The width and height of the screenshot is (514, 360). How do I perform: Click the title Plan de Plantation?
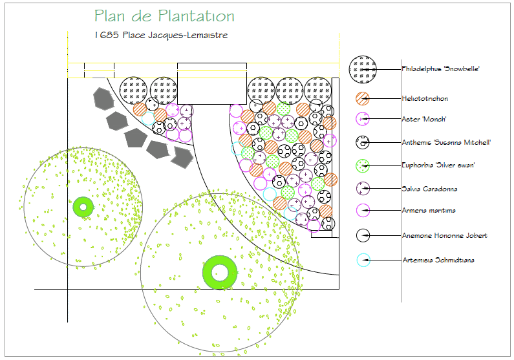pyautogui.click(x=164, y=16)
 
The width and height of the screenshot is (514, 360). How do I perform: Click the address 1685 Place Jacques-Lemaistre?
pyautogui.click(x=160, y=36)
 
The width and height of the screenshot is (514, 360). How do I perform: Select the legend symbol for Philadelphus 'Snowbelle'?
pyautogui.click(x=363, y=69)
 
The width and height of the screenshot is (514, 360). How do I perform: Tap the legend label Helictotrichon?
pyautogui.click(x=425, y=98)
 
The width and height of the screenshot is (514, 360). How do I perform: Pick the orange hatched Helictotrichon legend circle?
pyautogui.click(x=363, y=99)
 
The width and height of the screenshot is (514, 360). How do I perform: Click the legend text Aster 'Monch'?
pyautogui.click(x=423, y=119)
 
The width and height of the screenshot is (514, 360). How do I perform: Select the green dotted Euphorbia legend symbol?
pyautogui.click(x=363, y=165)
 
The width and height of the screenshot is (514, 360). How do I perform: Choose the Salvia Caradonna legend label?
pyautogui.click(x=429, y=189)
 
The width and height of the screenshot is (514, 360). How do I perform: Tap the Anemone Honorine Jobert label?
pyautogui.click(x=444, y=235)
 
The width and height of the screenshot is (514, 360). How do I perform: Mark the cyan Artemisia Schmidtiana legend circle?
pyautogui.click(x=363, y=260)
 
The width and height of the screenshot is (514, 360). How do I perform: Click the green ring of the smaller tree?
pyautogui.click(x=83, y=207)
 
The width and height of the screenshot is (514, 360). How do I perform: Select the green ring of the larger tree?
pyautogui.click(x=220, y=272)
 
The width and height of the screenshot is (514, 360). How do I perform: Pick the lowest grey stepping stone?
pyautogui.click(x=181, y=156)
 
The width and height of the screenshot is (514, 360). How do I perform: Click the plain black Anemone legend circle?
pyautogui.click(x=363, y=235)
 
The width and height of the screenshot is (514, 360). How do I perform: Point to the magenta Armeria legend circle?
pyautogui.click(x=363, y=210)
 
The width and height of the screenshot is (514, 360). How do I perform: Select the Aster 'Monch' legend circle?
pyautogui.click(x=363, y=118)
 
